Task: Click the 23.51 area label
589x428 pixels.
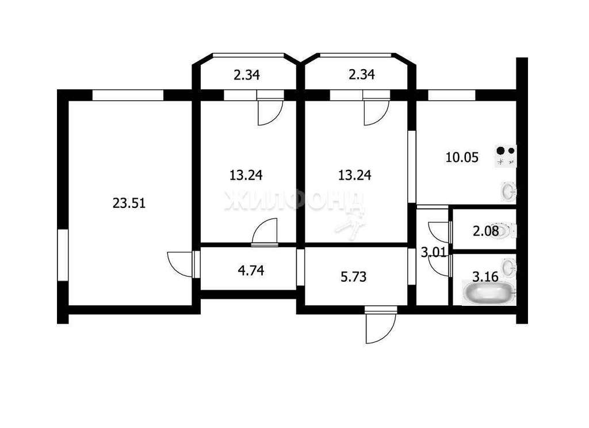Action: [x=129, y=203]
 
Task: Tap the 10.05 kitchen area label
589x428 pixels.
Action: [x=462, y=157]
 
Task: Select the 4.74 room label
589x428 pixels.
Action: [x=251, y=270]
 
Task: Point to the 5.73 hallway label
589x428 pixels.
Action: [x=354, y=277]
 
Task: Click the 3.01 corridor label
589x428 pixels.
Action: [x=434, y=252]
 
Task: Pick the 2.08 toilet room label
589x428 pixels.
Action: [x=485, y=231]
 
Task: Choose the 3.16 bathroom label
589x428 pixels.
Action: [x=485, y=277]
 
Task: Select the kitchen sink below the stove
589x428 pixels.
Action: [x=509, y=191]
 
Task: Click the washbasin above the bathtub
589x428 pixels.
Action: [x=509, y=266]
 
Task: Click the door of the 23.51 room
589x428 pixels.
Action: [x=181, y=264]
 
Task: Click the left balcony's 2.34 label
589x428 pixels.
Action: [x=246, y=75]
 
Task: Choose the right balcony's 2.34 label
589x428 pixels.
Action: [x=361, y=74]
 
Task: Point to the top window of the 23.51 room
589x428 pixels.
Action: [x=128, y=95]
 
